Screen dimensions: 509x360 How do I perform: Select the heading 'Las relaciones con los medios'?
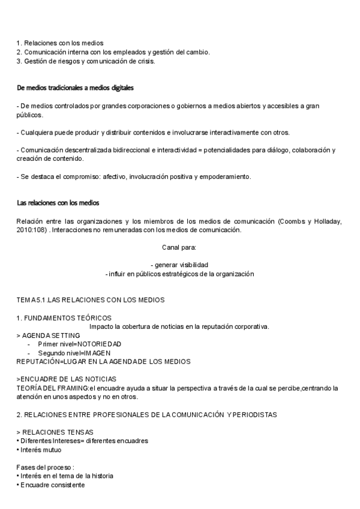(x=58, y=203)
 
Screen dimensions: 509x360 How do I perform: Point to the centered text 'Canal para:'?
(x=179, y=247)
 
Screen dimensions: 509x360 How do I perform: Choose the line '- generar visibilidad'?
(x=179, y=265)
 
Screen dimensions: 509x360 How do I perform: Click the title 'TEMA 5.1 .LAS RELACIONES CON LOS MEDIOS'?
(x=90, y=300)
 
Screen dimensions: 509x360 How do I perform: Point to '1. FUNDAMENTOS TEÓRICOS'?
(x=64, y=318)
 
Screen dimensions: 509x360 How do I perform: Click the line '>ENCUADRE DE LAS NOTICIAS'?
(x=66, y=379)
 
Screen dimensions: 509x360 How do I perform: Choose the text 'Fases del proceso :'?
(x=44, y=467)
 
